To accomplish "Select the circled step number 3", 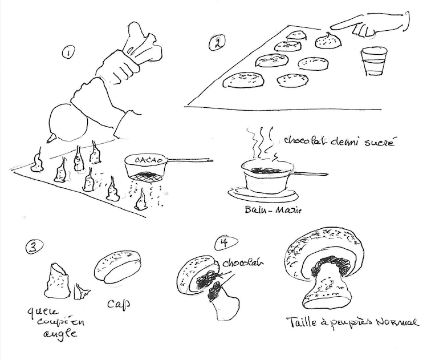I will tap(32, 246).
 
